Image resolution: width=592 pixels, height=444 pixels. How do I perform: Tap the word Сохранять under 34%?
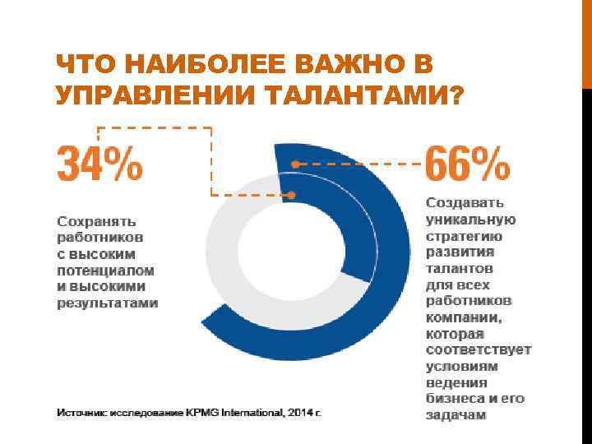tap(95, 220)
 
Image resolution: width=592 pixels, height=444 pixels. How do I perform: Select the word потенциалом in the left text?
tap(105, 270)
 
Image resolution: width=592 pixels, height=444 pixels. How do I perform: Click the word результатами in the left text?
tap(107, 303)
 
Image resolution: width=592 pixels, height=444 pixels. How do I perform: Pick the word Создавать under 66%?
tap(465, 202)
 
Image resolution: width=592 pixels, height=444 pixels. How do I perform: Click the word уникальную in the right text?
tap(470, 219)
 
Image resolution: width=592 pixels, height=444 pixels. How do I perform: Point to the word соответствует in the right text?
tap(478, 349)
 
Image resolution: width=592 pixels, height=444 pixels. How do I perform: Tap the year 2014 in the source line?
tap(294, 411)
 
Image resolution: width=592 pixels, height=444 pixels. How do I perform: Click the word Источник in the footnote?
tap(81, 411)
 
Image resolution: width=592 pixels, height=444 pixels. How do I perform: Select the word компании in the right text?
tap(463, 317)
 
